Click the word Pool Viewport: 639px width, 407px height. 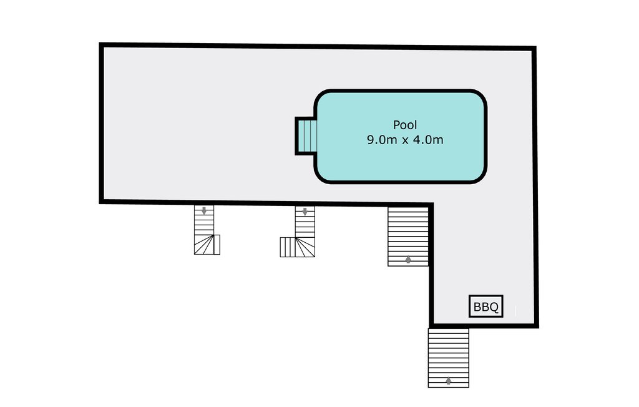click(x=404, y=125)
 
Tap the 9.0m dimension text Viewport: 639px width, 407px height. click(x=382, y=140)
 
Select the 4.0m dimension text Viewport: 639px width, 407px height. click(x=428, y=140)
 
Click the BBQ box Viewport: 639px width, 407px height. click(x=485, y=306)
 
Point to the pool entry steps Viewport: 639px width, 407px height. click(x=306, y=136)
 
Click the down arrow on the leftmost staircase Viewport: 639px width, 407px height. click(x=204, y=210)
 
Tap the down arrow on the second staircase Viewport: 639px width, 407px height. click(x=305, y=211)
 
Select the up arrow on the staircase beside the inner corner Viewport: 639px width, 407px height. click(x=408, y=259)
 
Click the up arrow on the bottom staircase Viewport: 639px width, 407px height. click(x=448, y=381)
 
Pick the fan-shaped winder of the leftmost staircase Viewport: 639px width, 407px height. click(x=204, y=245)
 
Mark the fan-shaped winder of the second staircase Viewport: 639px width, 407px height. click(x=305, y=247)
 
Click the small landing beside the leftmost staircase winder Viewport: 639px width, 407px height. click(x=217, y=245)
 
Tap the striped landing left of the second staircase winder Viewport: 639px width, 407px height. click(x=288, y=247)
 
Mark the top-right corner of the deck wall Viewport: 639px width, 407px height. click(x=534, y=49)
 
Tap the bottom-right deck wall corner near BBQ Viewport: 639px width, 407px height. click(x=537, y=325)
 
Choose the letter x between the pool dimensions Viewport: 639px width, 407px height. click(x=405, y=140)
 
